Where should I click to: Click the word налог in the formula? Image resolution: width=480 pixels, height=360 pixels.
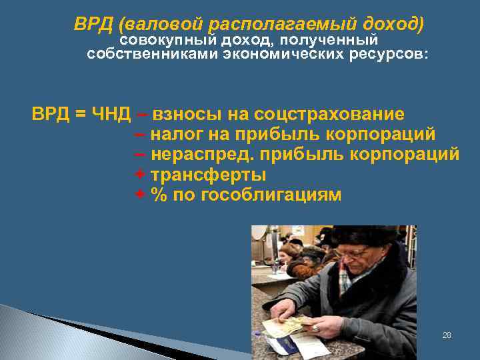[177, 134]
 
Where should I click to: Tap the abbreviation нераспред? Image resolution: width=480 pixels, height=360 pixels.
[203, 155]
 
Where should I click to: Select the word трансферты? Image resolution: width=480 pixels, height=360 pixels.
[208, 175]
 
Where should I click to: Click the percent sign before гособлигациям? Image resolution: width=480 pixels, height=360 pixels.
[158, 195]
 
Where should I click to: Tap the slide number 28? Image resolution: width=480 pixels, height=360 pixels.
[447, 335]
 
